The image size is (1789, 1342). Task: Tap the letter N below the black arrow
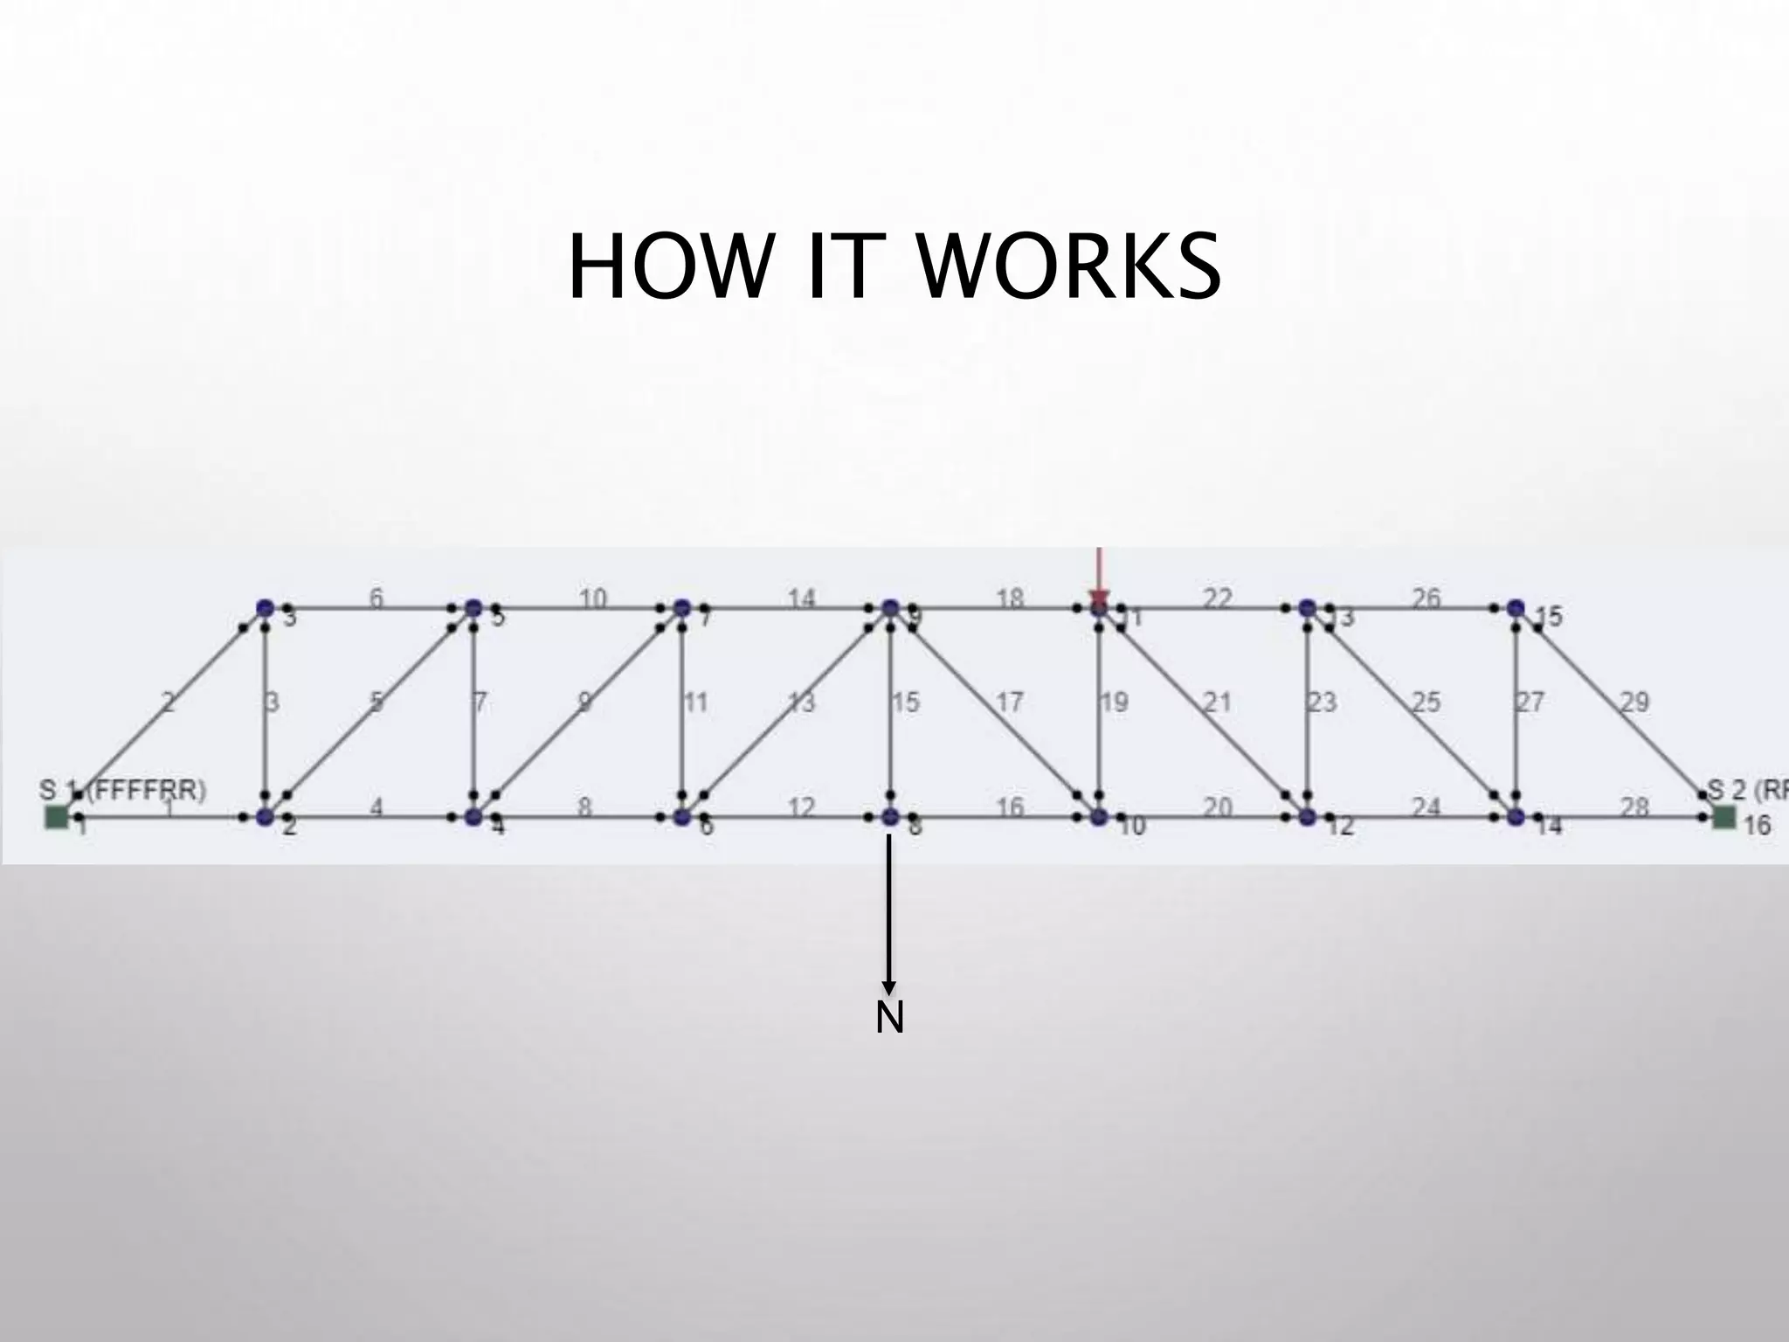[x=889, y=1019]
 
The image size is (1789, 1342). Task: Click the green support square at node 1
[x=57, y=817]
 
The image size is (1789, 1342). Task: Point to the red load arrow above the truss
[x=1099, y=572]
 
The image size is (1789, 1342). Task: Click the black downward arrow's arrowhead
[x=889, y=987]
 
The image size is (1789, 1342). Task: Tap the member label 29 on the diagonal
[x=1634, y=702]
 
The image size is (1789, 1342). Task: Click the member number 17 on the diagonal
[x=1009, y=702]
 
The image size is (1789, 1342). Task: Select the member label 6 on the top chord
[x=376, y=598]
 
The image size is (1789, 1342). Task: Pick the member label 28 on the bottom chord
[x=1634, y=806]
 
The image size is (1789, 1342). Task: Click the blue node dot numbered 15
[x=1516, y=607]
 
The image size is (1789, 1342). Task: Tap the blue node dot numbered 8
[x=889, y=817]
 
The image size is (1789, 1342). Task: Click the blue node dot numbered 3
[x=265, y=607]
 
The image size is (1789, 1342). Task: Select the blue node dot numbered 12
[x=1307, y=817]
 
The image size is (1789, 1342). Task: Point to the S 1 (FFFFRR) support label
[x=122, y=791]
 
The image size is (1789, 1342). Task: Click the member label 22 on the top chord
[x=1217, y=598]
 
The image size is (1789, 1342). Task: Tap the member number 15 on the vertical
[x=906, y=702]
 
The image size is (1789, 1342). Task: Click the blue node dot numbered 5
[x=473, y=607]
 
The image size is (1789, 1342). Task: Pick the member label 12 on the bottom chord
[x=801, y=806]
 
